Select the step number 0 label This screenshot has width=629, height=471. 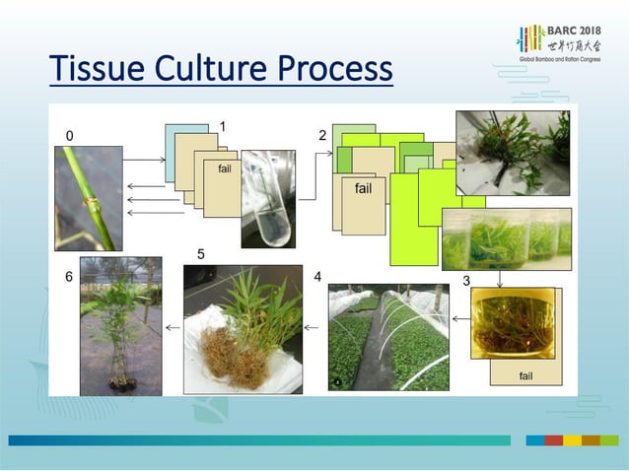69,133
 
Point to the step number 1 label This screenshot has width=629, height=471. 224,126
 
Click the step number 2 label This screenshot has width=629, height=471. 322,134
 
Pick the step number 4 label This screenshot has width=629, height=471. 317,278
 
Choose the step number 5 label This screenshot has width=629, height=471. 201,254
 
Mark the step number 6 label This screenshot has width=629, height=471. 69,278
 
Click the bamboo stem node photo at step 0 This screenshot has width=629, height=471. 89,198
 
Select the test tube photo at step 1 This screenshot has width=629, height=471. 267,198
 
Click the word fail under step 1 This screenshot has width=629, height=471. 225,168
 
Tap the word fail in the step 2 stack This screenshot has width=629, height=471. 363,188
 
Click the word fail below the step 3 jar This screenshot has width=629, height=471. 525,375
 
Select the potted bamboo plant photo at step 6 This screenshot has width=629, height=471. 120,326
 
